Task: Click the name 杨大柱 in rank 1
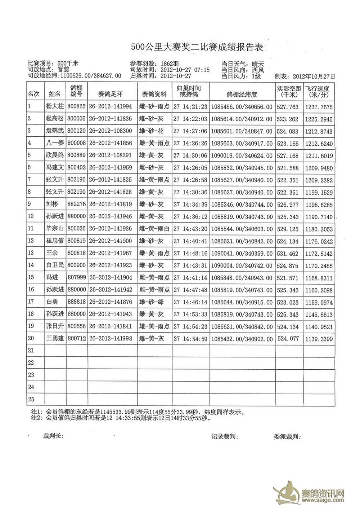(x=54, y=106)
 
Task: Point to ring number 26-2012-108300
(x=110, y=131)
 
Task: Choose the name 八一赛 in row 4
(x=54, y=143)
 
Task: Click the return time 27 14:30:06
(x=190, y=155)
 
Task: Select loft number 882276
(x=76, y=204)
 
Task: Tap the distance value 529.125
(x=289, y=229)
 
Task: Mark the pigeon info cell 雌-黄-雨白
(x=154, y=229)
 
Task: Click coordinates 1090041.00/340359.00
(x=242, y=253)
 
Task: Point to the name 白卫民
(x=54, y=265)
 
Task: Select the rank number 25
(x=31, y=399)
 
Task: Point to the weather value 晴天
(x=258, y=63)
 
